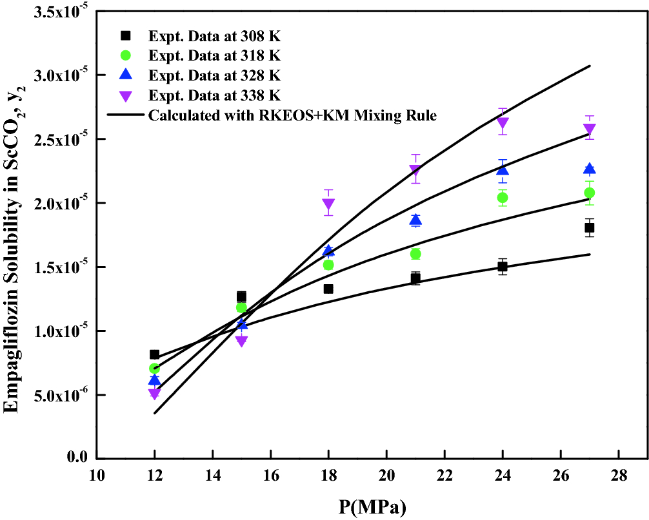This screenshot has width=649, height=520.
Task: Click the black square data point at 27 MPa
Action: click(589, 227)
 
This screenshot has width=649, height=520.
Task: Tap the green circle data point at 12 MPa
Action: click(154, 368)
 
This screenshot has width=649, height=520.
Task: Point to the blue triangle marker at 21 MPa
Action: click(415, 220)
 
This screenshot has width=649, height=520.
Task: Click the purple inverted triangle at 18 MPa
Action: click(328, 205)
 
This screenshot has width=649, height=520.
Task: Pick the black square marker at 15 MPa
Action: click(241, 296)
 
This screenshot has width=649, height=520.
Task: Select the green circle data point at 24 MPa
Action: click(503, 197)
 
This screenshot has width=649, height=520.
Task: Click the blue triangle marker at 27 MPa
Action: click(589, 169)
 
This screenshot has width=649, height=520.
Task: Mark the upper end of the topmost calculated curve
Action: click(589, 66)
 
